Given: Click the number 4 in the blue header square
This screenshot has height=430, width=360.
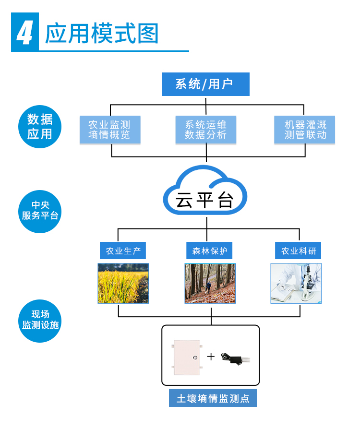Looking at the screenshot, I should (x=24, y=33).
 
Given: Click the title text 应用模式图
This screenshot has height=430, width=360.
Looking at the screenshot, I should (x=101, y=33).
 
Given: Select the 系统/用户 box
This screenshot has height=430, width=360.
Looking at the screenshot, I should (x=205, y=84).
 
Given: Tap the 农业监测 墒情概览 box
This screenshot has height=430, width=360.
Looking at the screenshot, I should (x=110, y=130).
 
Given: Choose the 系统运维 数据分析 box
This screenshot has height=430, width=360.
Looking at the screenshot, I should (x=206, y=130).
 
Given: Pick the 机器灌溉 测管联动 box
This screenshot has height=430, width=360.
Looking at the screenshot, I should (x=304, y=130).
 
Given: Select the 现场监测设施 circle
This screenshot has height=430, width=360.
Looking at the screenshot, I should (x=40, y=320).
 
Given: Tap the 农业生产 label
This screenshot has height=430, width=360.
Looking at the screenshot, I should (x=122, y=251).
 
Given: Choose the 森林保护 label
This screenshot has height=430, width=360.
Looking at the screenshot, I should (x=210, y=251).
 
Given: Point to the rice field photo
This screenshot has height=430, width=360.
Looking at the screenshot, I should (x=123, y=283).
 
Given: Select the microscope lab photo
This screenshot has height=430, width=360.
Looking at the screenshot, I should (x=296, y=283).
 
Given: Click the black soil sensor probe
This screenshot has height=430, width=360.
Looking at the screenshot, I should (x=235, y=358).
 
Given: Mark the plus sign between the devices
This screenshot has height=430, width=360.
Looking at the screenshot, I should (x=211, y=357).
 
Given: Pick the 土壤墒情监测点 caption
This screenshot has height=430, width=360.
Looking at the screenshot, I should (x=213, y=398).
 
